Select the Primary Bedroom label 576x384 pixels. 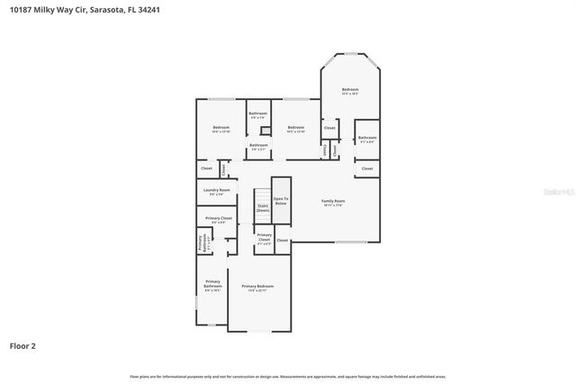click(x=257, y=288)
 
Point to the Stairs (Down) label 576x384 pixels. click(x=263, y=208)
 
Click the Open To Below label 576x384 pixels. click(x=281, y=201)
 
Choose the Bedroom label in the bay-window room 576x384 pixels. click(x=350, y=91)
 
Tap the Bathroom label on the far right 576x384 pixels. click(x=367, y=139)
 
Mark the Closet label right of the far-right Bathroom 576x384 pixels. click(x=367, y=169)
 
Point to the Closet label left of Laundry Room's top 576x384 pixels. click(x=206, y=169)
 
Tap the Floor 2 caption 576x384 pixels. click(x=22, y=345)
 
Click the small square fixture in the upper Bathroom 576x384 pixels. click(x=265, y=130)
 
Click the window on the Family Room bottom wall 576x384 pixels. click(x=351, y=242)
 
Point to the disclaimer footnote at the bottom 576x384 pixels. click(x=288, y=376)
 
